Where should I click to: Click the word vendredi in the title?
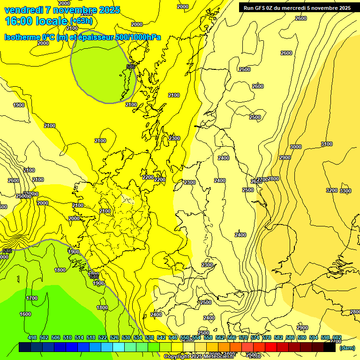point(22,10)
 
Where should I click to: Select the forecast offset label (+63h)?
point(82,22)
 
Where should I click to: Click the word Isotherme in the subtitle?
point(21,37)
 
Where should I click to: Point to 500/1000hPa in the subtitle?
point(139,37)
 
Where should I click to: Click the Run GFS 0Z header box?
point(297,7)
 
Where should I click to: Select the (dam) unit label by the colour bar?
point(347,347)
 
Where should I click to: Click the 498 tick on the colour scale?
point(32,337)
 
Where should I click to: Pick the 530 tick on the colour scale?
point(126,337)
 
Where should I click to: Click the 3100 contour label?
point(327,144)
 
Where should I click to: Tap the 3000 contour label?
point(296,147)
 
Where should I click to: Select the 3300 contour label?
point(345,191)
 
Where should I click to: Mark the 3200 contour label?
point(331,190)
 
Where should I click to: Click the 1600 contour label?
point(25,314)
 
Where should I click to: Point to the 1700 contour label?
point(32,298)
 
